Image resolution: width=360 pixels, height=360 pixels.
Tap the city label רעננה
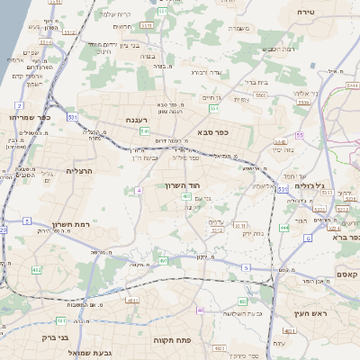145,119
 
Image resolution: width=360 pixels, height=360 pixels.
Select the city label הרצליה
81,169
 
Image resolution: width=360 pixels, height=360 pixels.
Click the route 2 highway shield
18,105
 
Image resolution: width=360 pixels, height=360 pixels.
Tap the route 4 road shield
139,191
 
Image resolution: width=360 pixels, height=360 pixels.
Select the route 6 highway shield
307,238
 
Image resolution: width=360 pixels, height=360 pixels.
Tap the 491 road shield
163,261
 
